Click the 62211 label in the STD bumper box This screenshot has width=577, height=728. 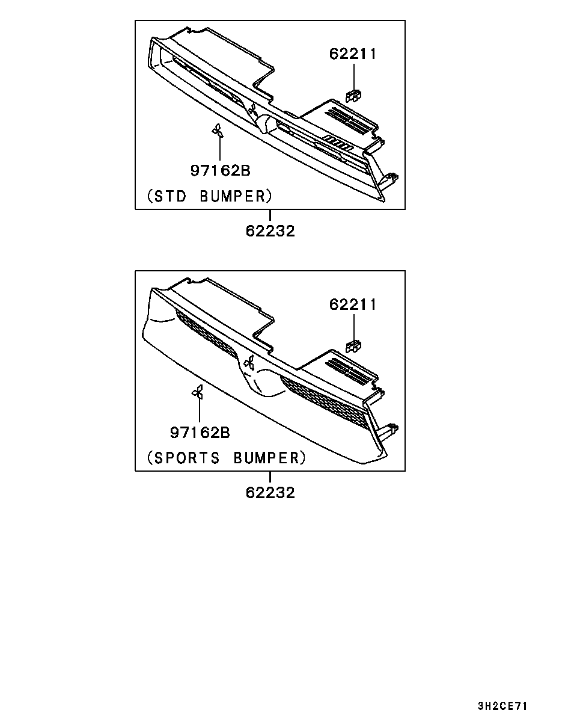pyautogui.click(x=353, y=54)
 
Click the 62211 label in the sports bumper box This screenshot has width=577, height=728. pyautogui.click(x=353, y=304)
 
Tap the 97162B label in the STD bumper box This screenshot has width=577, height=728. pyautogui.click(x=221, y=170)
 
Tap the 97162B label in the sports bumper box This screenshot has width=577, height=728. pyautogui.click(x=200, y=433)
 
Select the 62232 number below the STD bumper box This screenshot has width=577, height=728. pyautogui.click(x=270, y=231)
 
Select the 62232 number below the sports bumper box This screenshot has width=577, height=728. pyautogui.click(x=270, y=493)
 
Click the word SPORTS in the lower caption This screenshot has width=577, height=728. pyautogui.click(x=187, y=458)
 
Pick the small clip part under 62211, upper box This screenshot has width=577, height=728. pyautogui.click(x=353, y=96)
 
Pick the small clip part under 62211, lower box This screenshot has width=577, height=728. pyautogui.click(x=353, y=347)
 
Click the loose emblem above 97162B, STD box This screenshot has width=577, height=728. pyautogui.click(x=217, y=130)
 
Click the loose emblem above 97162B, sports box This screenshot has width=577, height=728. pyautogui.click(x=197, y=392)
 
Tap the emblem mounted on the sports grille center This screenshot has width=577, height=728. pyautogui.click(x=249, y=362)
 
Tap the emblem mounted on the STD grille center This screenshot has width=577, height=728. pyautogui.click(x=252, y=110)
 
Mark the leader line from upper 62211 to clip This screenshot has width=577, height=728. pyautogui.click(x=354, y=77)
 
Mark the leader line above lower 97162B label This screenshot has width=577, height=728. pyautogui.click(x=200, y=410)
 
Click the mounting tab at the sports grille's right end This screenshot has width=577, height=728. pyautogui.click(x=391, y=430)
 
